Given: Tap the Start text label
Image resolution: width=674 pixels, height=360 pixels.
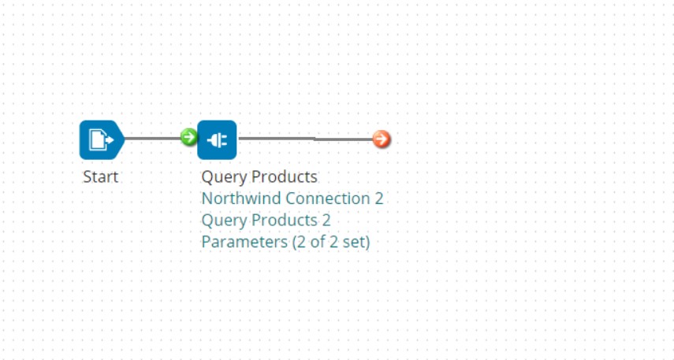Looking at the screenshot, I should pos(100,176).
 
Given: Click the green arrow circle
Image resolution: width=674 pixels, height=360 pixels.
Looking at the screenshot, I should pos(188,138).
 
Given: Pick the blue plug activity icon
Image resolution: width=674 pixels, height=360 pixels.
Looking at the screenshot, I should pos(217,140).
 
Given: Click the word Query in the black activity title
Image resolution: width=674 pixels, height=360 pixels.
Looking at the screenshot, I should pos(222,177).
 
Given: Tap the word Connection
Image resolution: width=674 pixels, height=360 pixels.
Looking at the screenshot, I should pos(327,199).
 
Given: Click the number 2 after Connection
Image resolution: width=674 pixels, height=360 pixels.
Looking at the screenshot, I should pos(378,199).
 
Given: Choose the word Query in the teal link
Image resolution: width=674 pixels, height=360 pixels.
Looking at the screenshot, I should pos(222,221).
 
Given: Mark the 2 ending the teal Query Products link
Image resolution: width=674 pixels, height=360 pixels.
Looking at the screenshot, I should pos(326,220).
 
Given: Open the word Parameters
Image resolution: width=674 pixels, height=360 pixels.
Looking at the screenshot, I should pos(244,242).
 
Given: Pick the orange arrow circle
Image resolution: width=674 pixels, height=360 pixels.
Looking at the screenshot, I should pos(382,139).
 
